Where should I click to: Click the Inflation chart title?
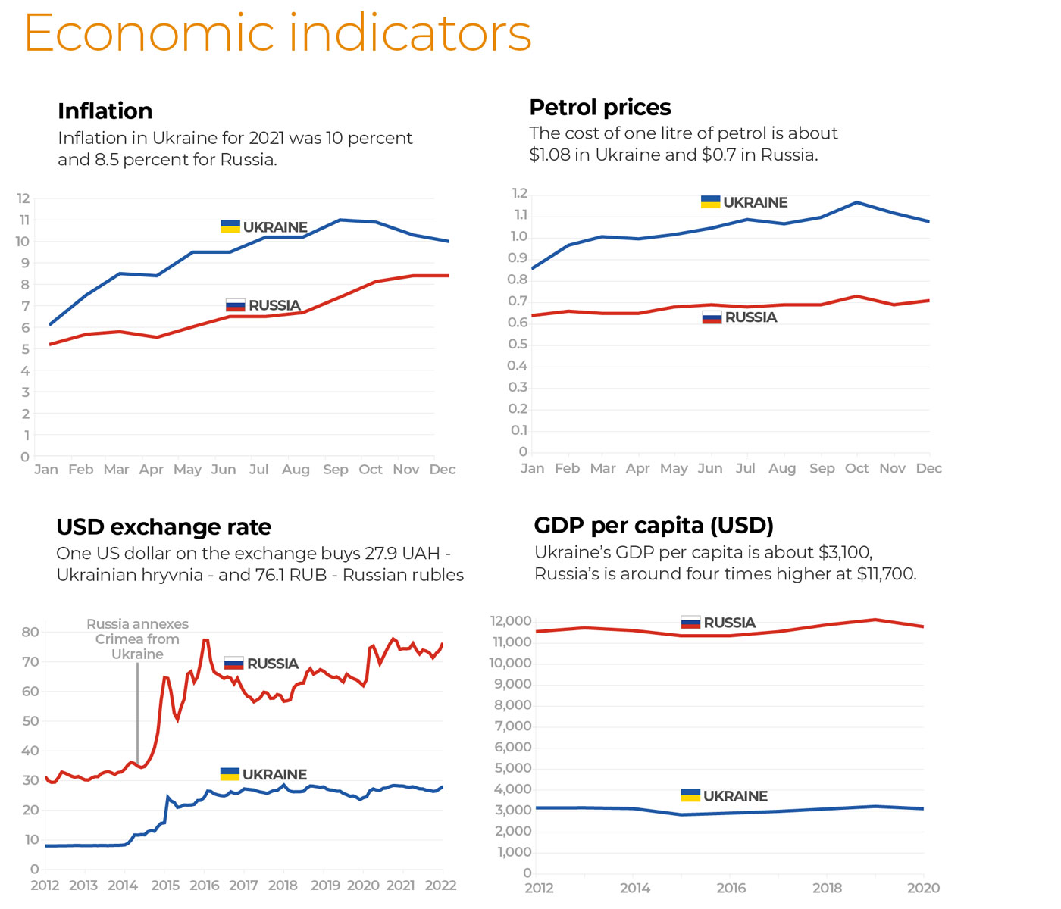coord(105,111)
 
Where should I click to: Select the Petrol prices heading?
coord(600,108)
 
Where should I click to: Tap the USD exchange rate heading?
coord(164,527)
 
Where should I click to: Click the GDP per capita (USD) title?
coord(654,526)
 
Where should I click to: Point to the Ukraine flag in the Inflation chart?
coord(230,226)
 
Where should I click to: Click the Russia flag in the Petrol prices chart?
coord(712,317)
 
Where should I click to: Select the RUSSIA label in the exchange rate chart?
coord(273,664)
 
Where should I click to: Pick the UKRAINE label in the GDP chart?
coord(735,796)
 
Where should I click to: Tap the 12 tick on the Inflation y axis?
coord(23,198)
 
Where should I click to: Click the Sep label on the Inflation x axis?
coord(336,470)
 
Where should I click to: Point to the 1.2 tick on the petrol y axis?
coord(519,193)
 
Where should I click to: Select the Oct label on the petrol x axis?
coord(857,469)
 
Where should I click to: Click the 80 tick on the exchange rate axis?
coord(30,632)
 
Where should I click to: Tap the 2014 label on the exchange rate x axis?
coord(123,886)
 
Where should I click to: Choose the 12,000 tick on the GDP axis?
coord(511,621)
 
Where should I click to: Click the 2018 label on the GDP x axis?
coord(827,888)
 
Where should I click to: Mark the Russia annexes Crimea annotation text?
coord(137,639)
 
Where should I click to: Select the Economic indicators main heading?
coord(278,33)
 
